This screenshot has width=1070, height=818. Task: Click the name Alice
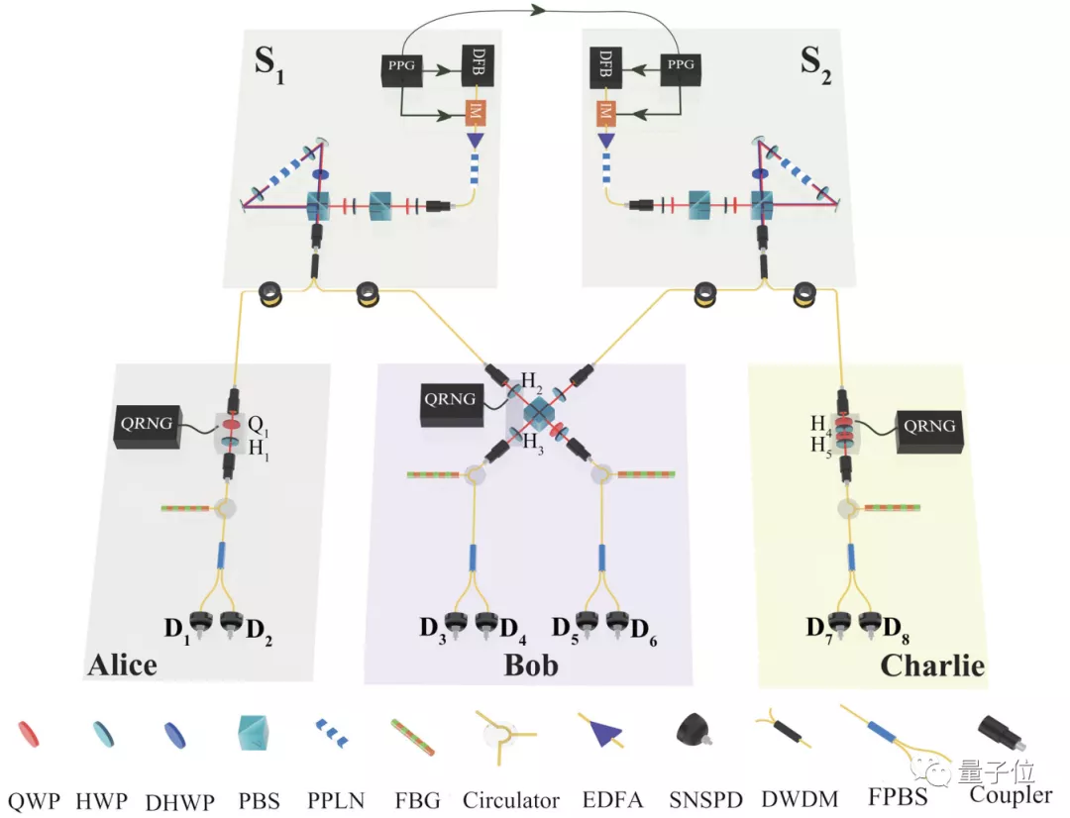pos(122,664)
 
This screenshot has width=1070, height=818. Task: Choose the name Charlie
pos(932,665)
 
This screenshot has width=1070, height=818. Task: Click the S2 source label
pos(817,64)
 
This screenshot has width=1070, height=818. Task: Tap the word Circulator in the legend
pos(510,799)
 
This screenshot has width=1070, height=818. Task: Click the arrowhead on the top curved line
pos(540,10)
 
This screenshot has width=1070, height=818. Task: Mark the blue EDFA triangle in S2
pos(604,143)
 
